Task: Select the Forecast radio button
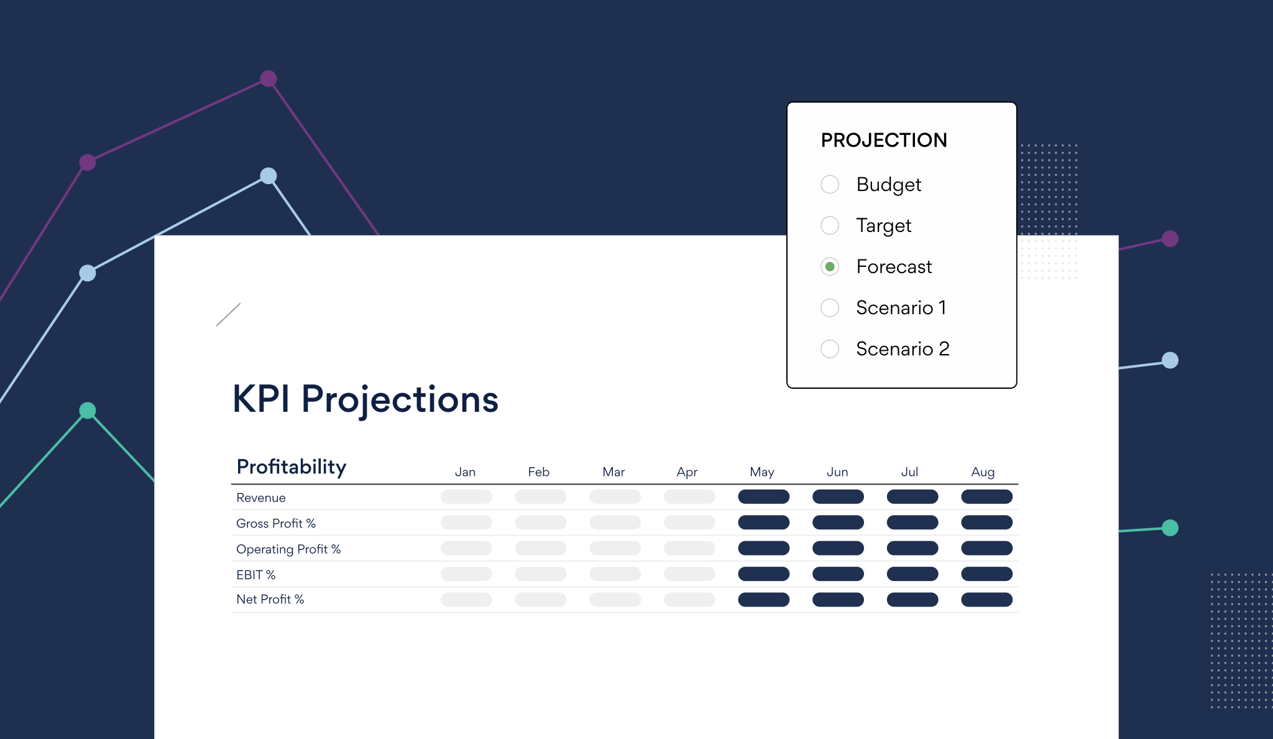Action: [x=830, y=267]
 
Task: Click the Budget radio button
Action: [x=830, y=185]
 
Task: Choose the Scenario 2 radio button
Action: [x=830, y=349]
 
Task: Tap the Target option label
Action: [x=883, y=226]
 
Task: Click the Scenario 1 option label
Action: [x=901, y=308]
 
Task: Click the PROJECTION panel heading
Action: [x=884, y=141]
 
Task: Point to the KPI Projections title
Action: [x=365, y=399]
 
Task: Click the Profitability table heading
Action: [x=292, y=467]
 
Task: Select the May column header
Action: [x=762, y=472]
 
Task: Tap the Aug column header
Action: [x=983, y=472]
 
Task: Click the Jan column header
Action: [x=465, y=472]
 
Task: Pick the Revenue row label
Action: [x=261, y=498]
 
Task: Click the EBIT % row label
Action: [x=255, y=575]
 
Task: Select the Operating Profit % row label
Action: [x=288, y=549]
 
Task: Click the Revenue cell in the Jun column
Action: [x=838, y=497]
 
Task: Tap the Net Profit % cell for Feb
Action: [x=540, y=600]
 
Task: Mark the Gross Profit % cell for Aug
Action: [x=986, y=523]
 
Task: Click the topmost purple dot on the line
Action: [x=269, y=79]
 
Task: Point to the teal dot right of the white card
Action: [x=1170, y=528]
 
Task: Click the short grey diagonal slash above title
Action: [x=228, y=315]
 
